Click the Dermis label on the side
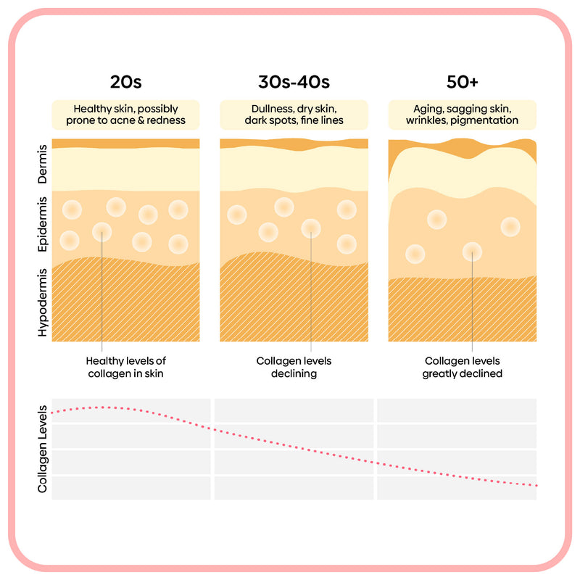click(x=43, y=166)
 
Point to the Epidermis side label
click(x=43, y=225)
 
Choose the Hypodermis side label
click(x=43, y=302)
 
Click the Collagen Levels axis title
click(x=43, y=449)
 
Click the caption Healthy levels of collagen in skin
click(x=131, y=367)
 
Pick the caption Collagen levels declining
click(x=294, y=367)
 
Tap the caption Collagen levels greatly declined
click(x=463, y=367)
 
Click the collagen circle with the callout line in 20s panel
click(x=102, y=232)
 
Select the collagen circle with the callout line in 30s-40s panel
click(x=311, y=228)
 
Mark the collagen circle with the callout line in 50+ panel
click(x=473, y=252)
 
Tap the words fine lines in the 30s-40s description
click(x=322, y=120)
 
